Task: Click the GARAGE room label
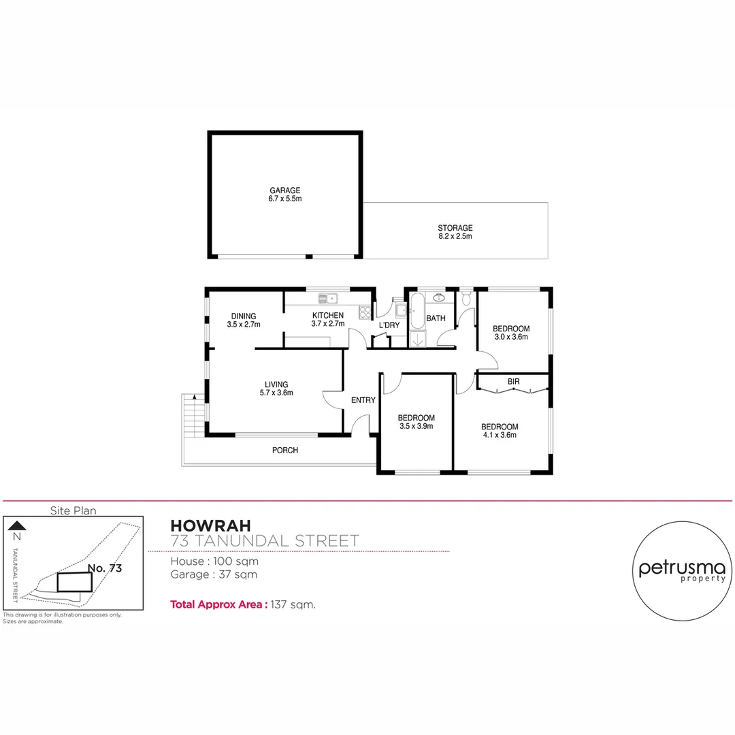(285, 191)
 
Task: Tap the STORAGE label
(455, 228)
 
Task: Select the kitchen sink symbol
(328, 297)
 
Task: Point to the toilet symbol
(465, 299)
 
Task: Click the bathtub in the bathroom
(416, 309)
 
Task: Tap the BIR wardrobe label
(513, 382)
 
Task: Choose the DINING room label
(243, 316)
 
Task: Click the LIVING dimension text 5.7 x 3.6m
(276, 393)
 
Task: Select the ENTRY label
(363, 400)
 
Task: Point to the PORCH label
(285, 451)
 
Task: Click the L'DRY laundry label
(389, 325)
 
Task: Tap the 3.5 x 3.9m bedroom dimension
(416, 427)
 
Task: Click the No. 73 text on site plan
(105, 567)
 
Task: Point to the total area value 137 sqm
(293, 604)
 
